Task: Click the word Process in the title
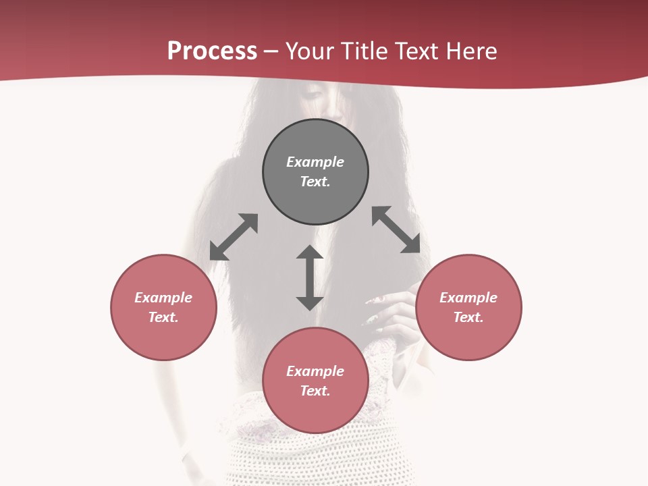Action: pos(212,51)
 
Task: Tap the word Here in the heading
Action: pos(470,51)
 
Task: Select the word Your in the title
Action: pos(310,51)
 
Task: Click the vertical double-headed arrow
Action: pos(310,277)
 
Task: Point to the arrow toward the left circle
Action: pos(234,237)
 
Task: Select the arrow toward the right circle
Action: pos(396,230)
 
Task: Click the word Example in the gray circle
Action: pos(315,162)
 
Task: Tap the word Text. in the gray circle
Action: pos(315,182)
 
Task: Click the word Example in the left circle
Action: pos(163,298)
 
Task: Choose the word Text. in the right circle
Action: pos(468,317)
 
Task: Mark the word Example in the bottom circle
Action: pos(315,371)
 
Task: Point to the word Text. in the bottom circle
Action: pos(315,391)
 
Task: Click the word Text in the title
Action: pos(417,51)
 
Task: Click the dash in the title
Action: pos(271,52)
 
